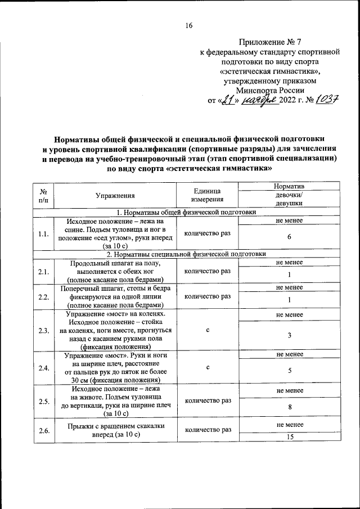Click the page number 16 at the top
(189, 25)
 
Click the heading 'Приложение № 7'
(270, 42)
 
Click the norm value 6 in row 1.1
(289, 237)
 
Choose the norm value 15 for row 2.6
(289, 437)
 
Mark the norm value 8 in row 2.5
(289, 407)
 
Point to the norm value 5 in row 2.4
(289, 371)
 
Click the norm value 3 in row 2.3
(289, 335)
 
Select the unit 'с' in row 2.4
(208, 367)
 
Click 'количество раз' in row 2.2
(208, 296)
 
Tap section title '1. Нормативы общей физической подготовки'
(186, 212)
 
